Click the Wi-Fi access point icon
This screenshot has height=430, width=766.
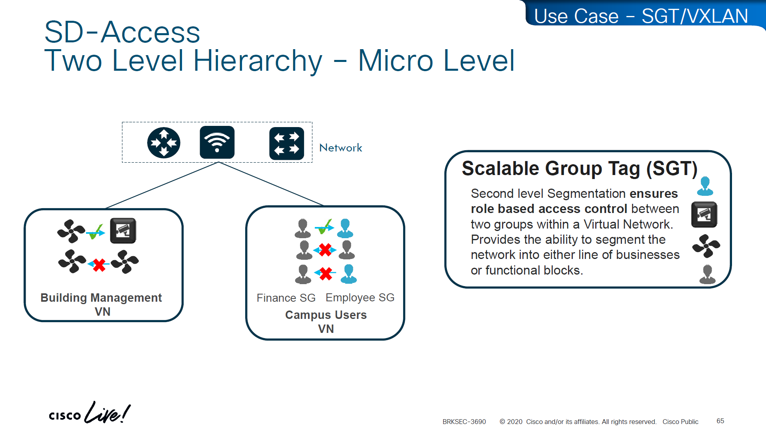coord(217,142)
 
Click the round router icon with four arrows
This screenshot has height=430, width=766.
coord(164,143)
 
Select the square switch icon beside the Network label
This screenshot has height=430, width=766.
coord(286,143)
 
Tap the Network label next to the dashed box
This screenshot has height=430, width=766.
coord(340,148)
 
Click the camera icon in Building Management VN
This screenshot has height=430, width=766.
coord(123,231)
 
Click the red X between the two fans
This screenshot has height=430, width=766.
coord(99,265)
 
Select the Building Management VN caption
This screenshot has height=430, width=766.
coord(102,304)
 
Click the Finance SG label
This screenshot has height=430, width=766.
coord(286,298)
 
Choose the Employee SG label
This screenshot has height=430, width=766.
coord(360,297)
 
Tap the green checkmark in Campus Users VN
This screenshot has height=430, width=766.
coord(324,227)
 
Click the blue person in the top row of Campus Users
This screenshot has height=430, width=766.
coord(345,228)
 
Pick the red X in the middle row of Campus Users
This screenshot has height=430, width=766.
coord(325,250)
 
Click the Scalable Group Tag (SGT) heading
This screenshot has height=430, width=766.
coord(579,168)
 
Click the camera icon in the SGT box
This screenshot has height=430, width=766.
coord(704,215)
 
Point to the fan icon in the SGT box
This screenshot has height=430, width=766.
coord(706,246)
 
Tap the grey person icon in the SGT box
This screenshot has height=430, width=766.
coord(707,274)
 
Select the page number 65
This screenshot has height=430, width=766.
coord(720,421)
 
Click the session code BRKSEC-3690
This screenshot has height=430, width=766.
coord(464,422)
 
